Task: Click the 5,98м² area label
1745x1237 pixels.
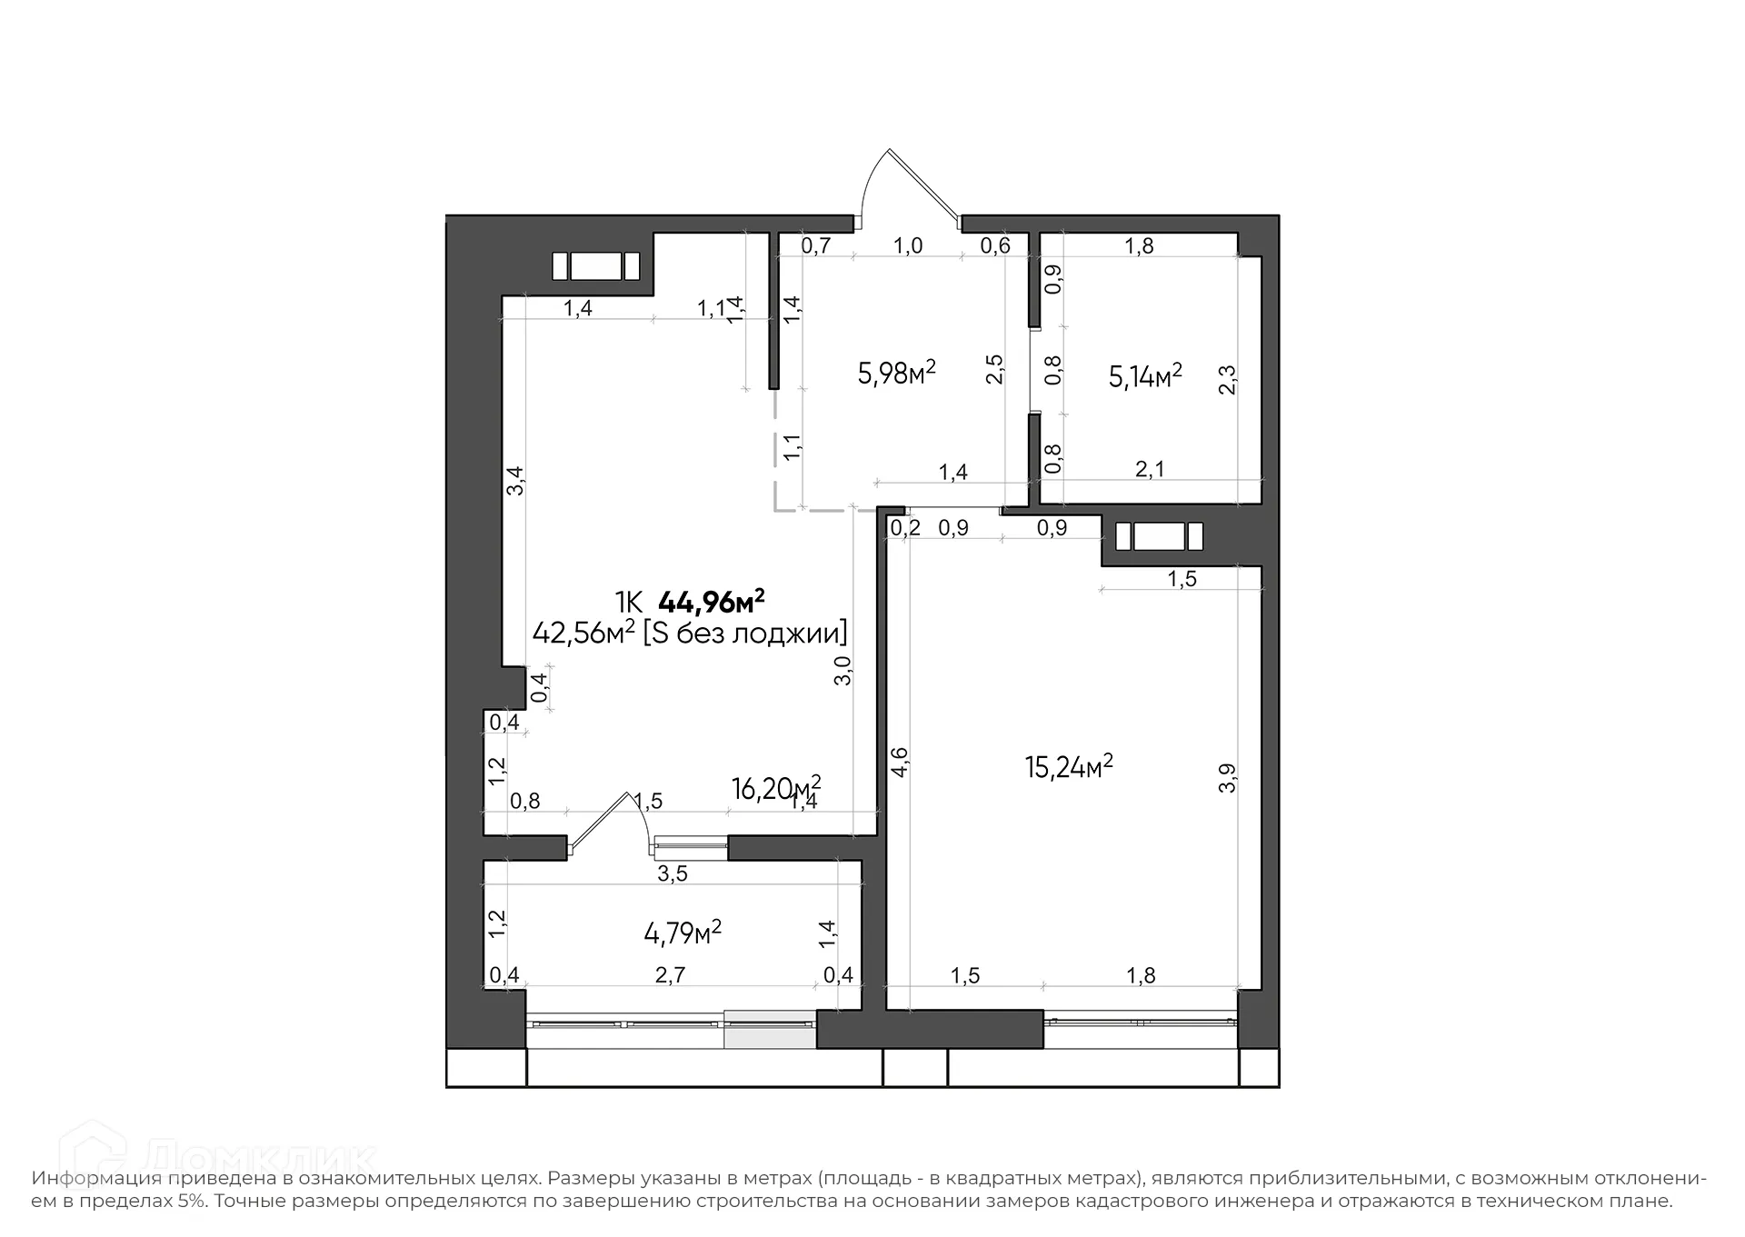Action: tap(896, 373)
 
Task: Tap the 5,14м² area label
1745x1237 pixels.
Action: tap(1144, 375)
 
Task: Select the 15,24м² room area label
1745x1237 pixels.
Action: tap(1069, 767)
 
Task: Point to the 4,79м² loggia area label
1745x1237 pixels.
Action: tap(683, 933)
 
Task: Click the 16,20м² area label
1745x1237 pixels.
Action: tap(775, 787)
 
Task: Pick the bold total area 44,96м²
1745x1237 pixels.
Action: tap(711, 602)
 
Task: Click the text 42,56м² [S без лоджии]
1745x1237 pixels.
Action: tap(689, 633)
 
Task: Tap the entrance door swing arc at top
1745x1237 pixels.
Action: tap(895, 177)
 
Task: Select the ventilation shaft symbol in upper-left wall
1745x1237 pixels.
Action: tap(596, 266)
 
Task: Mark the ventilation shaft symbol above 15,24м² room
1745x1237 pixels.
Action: tap(1159, 536)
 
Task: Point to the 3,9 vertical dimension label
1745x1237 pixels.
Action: tap(1227, 778)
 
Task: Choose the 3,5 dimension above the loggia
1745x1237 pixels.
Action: tap(673, 874)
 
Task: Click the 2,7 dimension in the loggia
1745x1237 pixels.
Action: tap(670, 975)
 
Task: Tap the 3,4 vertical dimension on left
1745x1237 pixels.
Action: tap(515, 480)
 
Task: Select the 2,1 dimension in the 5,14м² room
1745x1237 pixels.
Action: tap(1150, 469)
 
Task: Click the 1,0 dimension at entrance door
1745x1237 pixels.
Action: tap(908, 245)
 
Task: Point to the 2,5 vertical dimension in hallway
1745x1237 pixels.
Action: tap(995, 369)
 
